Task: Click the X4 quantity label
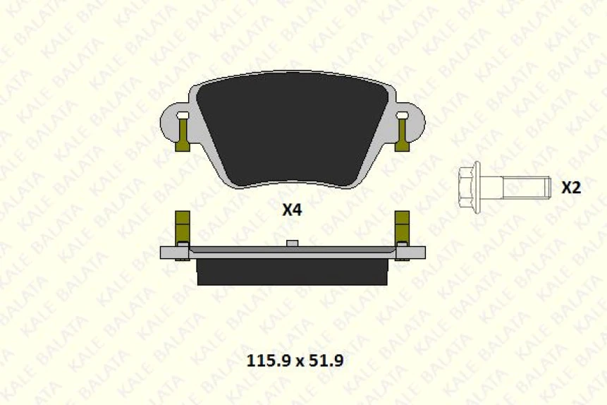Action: point(292,210)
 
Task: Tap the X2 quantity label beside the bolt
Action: point(570,188)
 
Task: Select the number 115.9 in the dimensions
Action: point(267,361)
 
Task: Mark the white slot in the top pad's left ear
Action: point(183,114)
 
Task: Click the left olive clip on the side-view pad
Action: point(182,227)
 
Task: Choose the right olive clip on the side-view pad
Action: point(403,227)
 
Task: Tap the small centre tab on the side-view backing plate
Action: point(292,243)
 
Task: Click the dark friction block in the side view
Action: point(292,272)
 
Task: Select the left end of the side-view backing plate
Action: point(170,253)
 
